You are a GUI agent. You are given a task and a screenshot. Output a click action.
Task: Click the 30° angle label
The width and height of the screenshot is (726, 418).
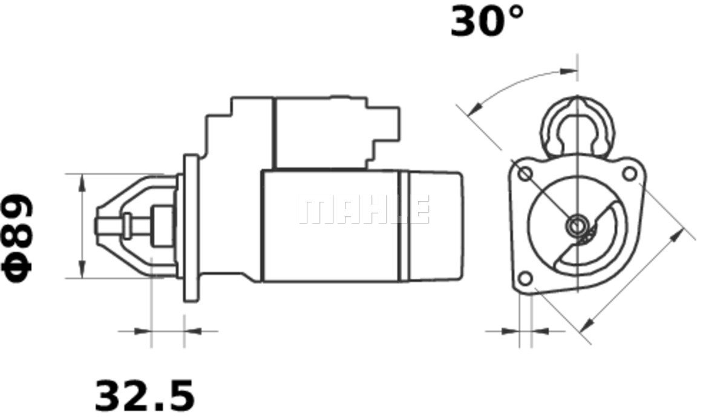click(x=487, y=21)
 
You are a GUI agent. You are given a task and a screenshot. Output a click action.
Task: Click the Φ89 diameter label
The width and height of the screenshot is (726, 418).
click(x=18, y=239)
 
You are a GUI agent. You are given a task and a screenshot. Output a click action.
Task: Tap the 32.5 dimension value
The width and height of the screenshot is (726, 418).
click(x=145, y=396)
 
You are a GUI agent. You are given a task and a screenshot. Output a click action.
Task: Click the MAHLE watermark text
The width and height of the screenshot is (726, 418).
click(x=364, y=210)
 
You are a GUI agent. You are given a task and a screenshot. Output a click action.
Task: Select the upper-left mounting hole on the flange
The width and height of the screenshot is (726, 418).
click(x=525, y=174)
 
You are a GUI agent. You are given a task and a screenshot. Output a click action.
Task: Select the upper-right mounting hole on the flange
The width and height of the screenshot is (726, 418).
click(x=630, y=174)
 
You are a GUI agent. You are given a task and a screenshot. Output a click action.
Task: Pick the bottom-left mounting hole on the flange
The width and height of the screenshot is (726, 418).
click(x=525, y=279)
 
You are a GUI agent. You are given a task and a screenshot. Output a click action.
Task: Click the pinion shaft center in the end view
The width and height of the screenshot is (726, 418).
click(x=577, y=226)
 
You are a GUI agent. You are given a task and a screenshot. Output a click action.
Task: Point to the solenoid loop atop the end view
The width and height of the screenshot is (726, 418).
click(x=577, y=127)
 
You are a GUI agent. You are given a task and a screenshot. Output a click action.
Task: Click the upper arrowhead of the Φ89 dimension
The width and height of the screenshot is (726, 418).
click(x=83, y=182)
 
